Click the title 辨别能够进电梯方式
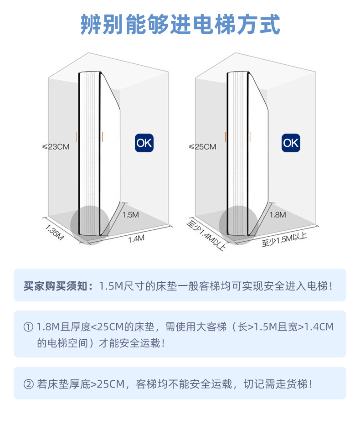tap(180, 25)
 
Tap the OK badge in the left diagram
tap(144, 143)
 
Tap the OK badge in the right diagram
tap(291, 143)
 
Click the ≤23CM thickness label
tap(56, 147)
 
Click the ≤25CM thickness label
tap(202, 147)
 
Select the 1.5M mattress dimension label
tap(130, 215)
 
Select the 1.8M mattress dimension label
tap(278, 215)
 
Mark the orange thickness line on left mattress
tap(90, 136)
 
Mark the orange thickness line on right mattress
tap(238, 135)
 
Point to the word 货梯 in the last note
tap(298, 384)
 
